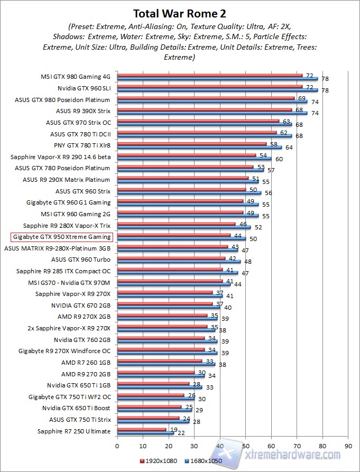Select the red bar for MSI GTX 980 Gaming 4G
(x=209, y=75)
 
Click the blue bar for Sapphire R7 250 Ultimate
(x=145, y=433)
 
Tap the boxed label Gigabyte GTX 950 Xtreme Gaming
(x=62, y=237)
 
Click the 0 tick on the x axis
(x=117, y=445)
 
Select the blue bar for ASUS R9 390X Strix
(x=211, y=113)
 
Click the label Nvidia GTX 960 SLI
(x=84, y=88)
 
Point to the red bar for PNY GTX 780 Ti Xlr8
(x=191, y=143)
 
